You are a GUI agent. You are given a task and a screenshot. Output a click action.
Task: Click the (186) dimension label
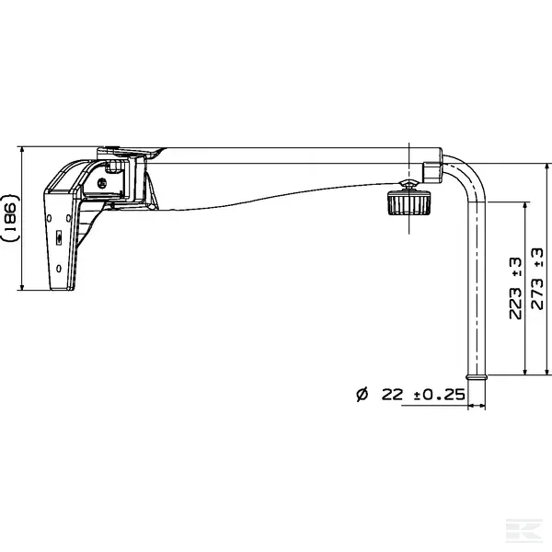10,218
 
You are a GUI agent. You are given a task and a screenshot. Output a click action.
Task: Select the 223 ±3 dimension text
515,288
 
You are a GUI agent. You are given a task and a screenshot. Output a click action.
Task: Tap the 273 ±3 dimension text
537,279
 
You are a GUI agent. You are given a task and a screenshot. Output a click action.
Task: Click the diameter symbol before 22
362,395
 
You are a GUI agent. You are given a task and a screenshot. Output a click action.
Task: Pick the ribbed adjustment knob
408,202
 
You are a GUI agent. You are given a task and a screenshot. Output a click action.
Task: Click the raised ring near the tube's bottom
477,377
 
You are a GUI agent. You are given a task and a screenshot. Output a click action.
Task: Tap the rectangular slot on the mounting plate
59,238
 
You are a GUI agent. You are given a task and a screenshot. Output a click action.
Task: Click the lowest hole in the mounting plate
59,269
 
